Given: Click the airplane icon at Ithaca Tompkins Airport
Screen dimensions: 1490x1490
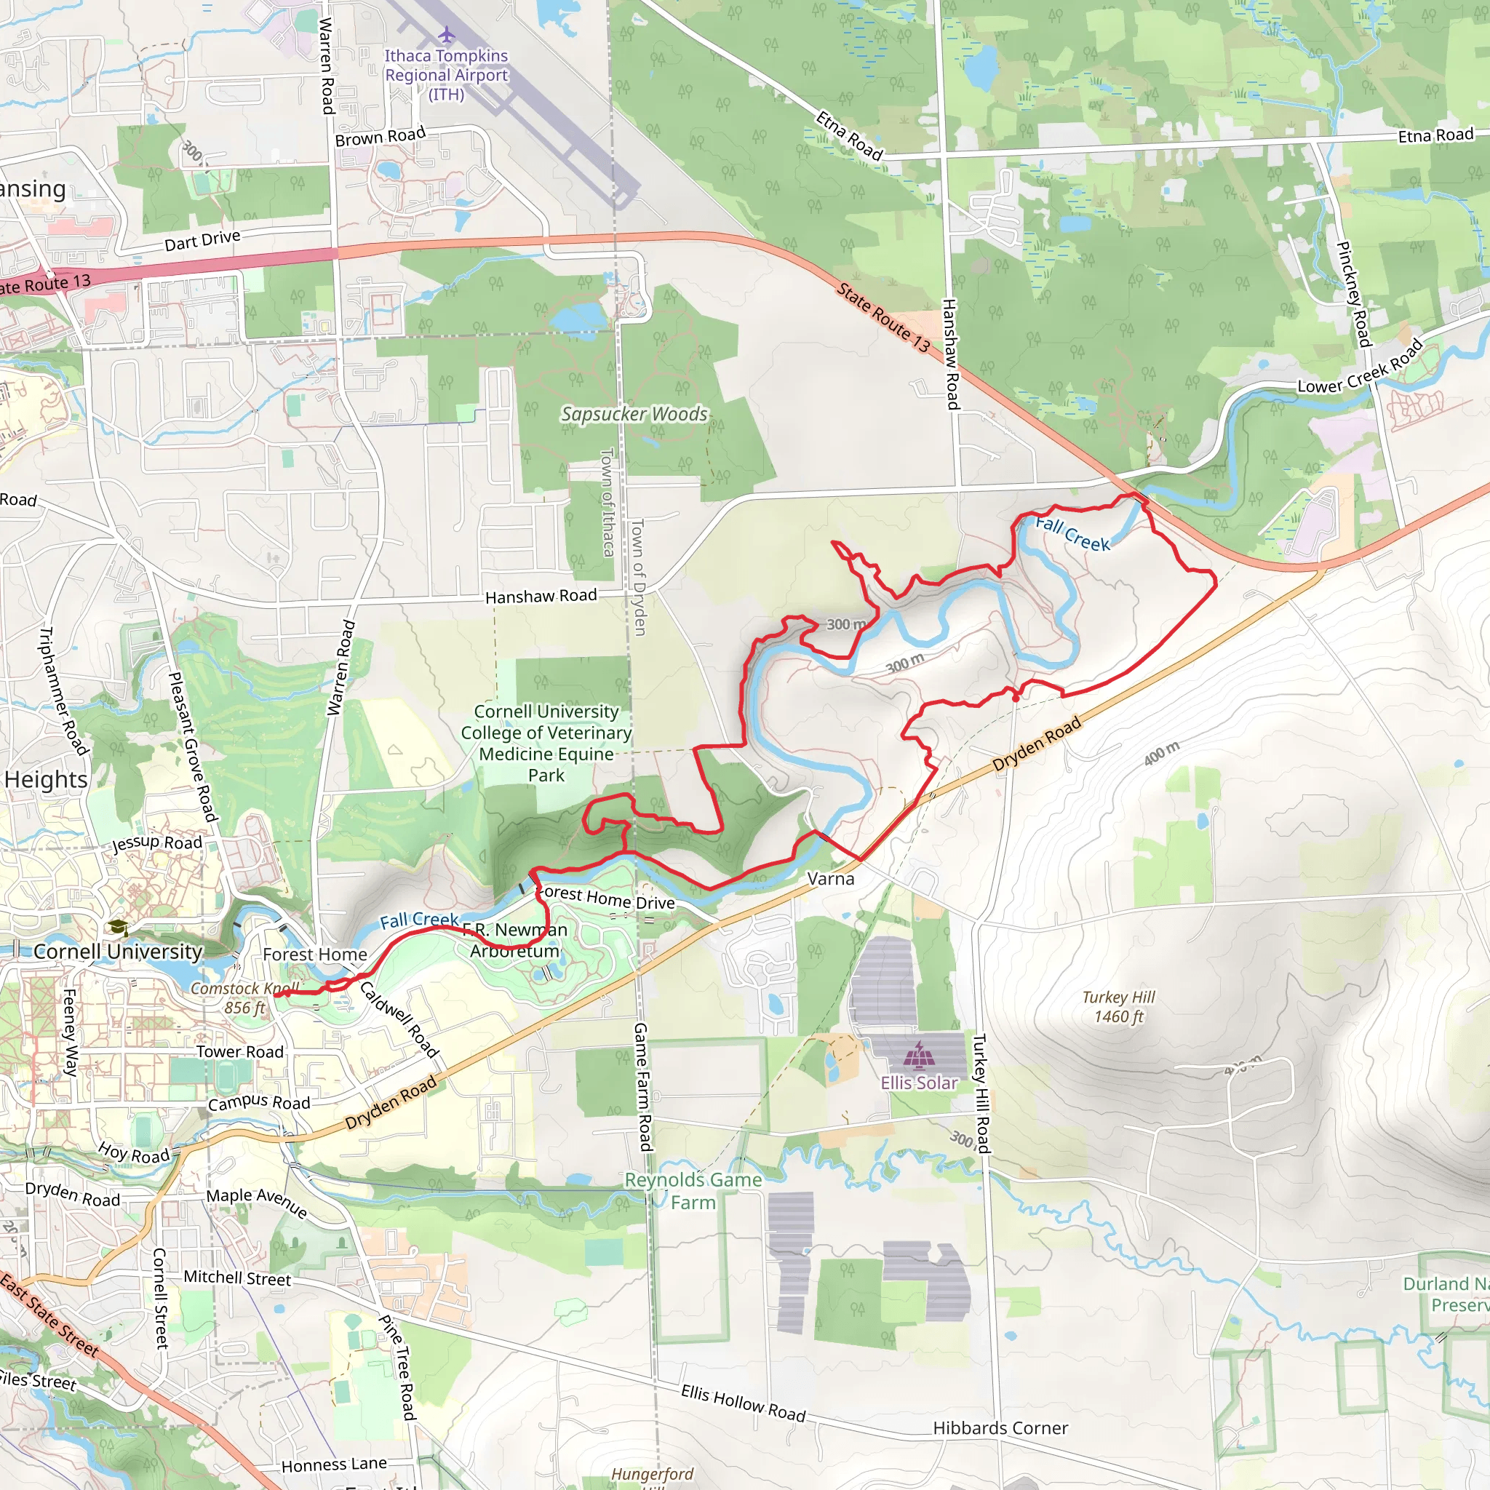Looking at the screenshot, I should [x=447, y=35].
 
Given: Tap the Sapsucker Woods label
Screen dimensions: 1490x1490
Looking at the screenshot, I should [x=634, y=414].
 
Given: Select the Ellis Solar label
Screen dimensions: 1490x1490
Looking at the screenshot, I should [x=919, y=1083].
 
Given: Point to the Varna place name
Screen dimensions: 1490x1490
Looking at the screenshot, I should [x=831, y=878].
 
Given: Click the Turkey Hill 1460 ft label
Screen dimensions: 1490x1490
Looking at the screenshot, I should [x=1118, y=1006].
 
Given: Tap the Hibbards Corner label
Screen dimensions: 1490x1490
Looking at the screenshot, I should [x=1000, y=1427].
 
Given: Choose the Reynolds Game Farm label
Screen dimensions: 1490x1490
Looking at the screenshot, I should [x=693, y=1191].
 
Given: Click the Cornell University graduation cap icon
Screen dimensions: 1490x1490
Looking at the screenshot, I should [x=117, y=927].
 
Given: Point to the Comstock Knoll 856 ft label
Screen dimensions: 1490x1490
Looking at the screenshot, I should [x=244, y=998].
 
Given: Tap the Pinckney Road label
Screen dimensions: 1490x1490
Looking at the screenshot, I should [x=1353, y=294].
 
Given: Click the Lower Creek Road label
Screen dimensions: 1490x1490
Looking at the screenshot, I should [x=1360, y=368].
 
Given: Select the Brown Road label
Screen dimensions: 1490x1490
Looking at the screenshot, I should [x=381, y=137].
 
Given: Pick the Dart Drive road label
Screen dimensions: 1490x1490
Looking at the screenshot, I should [x=202, y=241].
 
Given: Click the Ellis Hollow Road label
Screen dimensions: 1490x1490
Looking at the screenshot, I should [x=743, y=1403].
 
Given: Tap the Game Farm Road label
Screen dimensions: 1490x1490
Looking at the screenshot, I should [x=642, y=1087].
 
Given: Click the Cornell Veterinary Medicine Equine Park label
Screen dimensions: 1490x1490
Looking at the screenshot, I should [x=546, y=743].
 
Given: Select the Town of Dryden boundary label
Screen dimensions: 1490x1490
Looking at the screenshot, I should [x=638, y=577].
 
